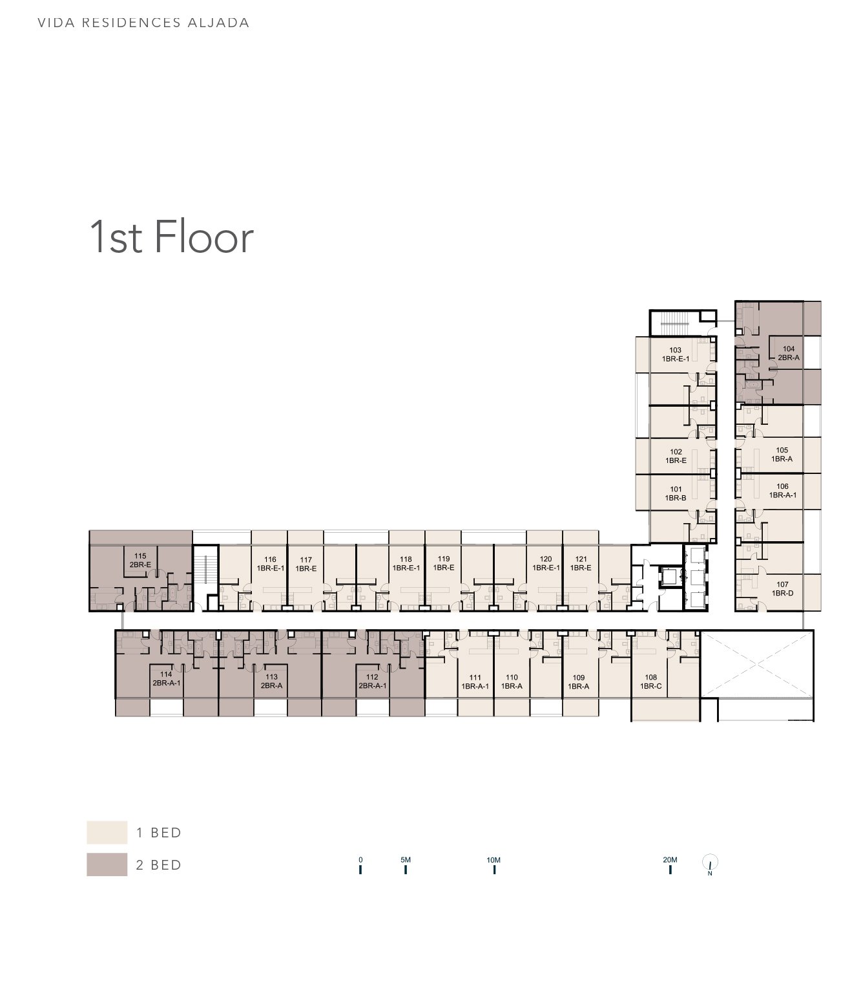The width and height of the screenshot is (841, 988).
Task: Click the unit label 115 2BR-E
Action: click(x=140, y=560)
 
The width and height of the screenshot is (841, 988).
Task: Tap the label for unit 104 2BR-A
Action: click(x=788, y=353)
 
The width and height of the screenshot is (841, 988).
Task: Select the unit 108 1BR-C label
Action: click(x=650, y=682)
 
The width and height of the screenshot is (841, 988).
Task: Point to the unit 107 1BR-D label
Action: click(x=782, y=588)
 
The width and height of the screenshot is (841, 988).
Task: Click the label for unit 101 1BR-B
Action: click(x=676, y=493)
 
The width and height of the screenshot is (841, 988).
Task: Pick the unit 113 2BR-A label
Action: click(x=271, y=682)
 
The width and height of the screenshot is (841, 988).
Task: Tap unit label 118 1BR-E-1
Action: click(x=406, y=563)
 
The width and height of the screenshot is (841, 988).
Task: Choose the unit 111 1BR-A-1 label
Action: click(x=475, y=682)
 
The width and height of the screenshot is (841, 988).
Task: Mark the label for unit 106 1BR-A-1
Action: click(x=782, y=491)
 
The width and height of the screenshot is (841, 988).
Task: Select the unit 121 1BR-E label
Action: click(x=581, y=563)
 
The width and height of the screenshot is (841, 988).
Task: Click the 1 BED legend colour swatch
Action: click(x=107, y=832)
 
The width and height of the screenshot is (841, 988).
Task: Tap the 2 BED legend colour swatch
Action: click(x=107, y=865)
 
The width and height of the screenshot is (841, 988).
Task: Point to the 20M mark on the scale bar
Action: click(x=670, y=868)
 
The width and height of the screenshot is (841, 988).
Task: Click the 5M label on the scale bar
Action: click(x=406, y=860)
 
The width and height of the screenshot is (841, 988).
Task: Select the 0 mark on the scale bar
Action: click(x=360, y=868)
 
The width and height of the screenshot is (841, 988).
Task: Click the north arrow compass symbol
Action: click(x=710, y=863)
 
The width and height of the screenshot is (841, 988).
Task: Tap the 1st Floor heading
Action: click(x=171, y=237)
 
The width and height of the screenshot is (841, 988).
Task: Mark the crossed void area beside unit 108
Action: click(x=756, y=663)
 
